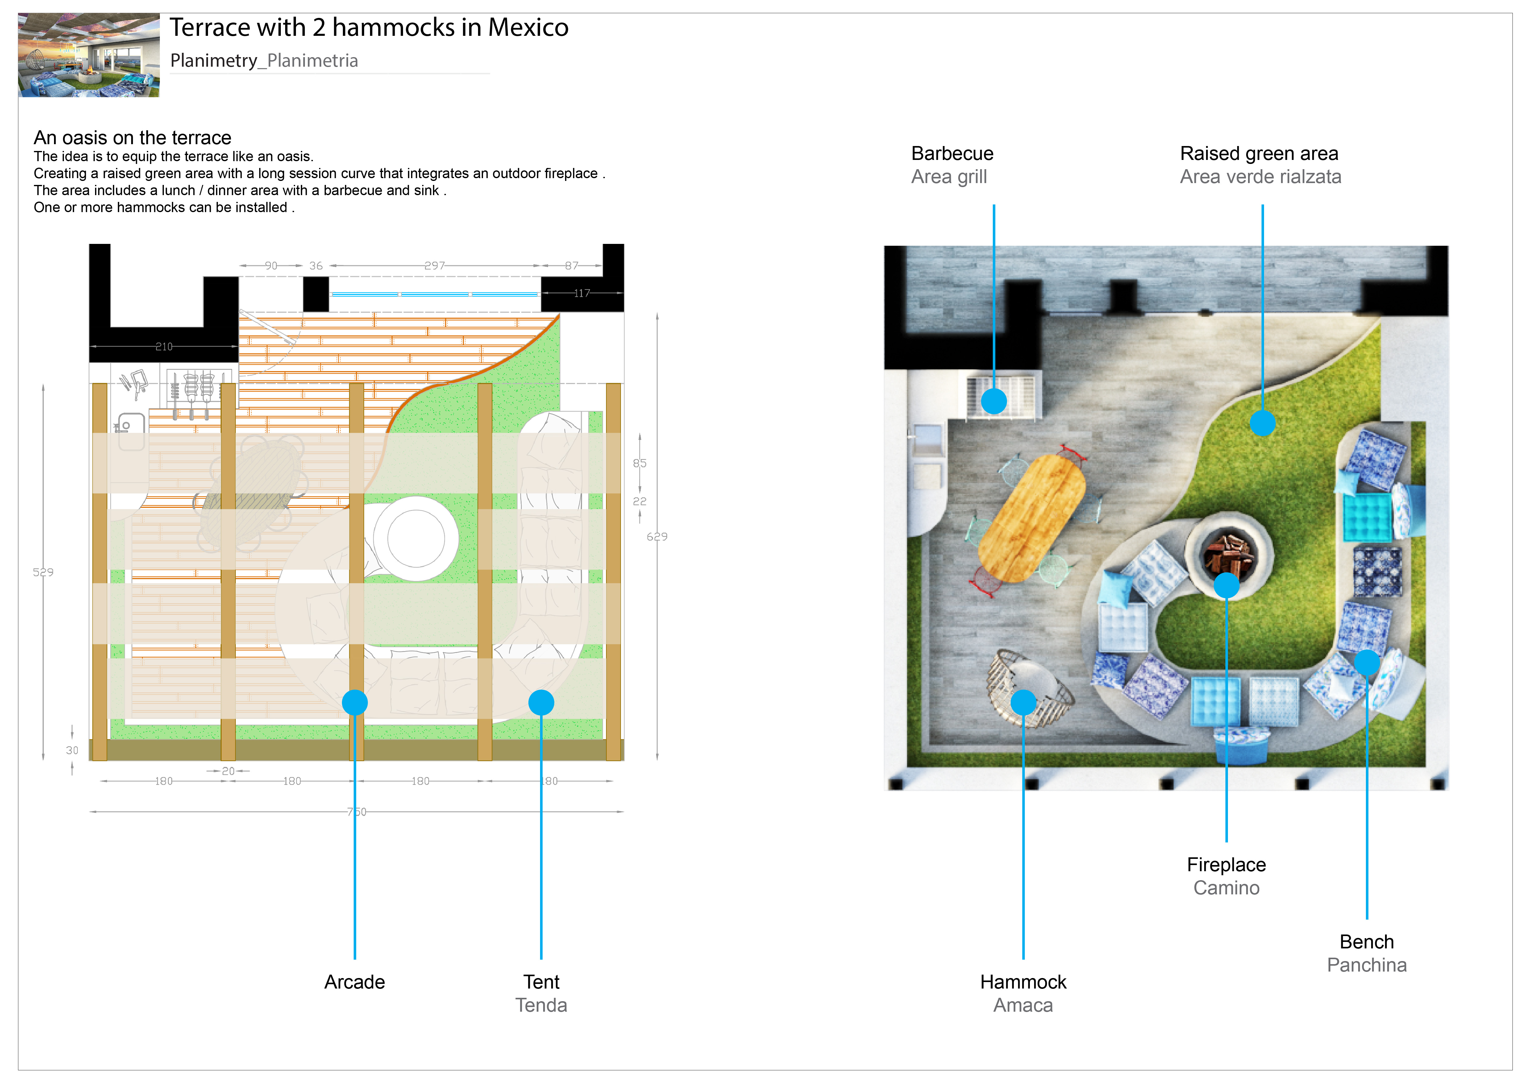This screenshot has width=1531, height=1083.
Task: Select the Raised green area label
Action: pos(1258,154)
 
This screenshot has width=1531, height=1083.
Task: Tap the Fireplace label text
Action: pos(1225,865)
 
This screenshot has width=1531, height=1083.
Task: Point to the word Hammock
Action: pos(1023,982)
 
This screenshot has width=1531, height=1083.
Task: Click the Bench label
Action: pos(1366,942)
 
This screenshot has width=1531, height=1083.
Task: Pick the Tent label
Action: pos(541,982)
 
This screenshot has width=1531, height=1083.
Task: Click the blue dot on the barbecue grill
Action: pos(993,401)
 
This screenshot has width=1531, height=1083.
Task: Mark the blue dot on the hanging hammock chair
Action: pos(1023,702)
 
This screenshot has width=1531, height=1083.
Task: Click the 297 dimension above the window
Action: pos(434,266)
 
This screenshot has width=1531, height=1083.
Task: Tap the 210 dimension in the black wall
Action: pos(164,347)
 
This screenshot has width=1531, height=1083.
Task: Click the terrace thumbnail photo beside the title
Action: pos(89,55)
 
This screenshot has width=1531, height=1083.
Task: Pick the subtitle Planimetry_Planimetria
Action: pos(264,61)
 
